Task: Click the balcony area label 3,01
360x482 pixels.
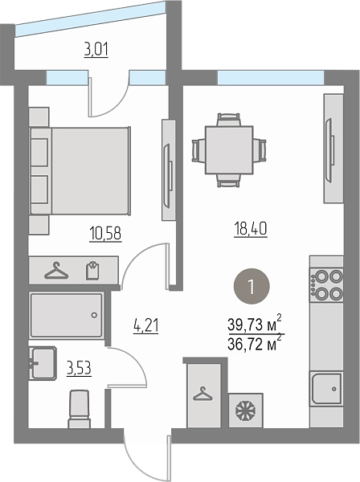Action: (96, 51)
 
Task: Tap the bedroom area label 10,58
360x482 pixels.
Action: (105, 233)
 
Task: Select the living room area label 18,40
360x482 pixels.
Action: (251, 229)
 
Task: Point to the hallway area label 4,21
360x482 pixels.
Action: (146, 326)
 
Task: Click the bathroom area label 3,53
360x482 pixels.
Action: (79, 368)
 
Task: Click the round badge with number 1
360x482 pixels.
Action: (252, 287)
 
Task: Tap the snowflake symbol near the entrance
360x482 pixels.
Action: (246, 411)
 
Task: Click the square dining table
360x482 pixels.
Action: (229, 150)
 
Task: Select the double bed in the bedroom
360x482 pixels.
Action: (80, 170)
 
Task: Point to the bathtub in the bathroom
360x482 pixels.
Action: (66, 315)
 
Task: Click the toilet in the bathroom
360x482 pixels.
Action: (79, 409)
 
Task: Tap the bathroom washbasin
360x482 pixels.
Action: (43, 363)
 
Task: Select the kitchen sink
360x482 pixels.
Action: (326, 389)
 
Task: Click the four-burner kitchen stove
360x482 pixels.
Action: (326, 285)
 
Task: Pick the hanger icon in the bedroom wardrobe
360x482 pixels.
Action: (56, 271)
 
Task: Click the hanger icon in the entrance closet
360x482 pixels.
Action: (202, 394)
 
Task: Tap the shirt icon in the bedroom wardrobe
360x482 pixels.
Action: (92, 271)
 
